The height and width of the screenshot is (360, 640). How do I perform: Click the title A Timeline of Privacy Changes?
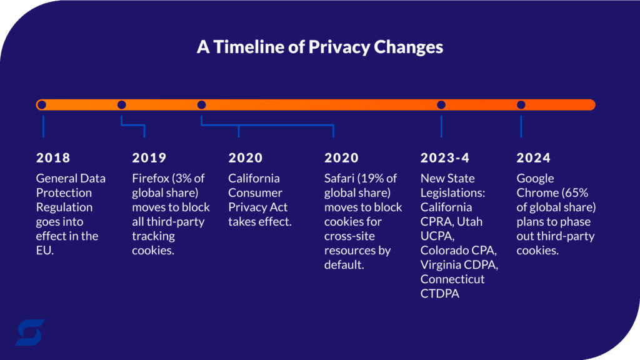[x=320, y=47]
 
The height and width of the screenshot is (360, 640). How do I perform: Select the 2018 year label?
[x=53, y=158]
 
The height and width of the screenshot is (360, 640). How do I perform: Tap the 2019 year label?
[x=149, y=158]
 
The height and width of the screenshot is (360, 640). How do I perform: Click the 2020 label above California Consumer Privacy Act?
[x=246, y=158]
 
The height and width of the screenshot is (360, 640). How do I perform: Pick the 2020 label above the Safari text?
[x=341, y=158]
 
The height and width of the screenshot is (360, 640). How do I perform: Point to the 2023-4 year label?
[x=445, y=158]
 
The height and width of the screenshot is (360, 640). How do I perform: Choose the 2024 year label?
[x=533, y=158]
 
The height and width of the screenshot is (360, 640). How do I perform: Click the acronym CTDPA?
[x=440, y=294]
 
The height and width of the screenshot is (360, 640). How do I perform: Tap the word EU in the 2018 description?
[x=46, y=251]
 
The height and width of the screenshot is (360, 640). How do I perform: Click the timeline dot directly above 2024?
[x=521, y=105]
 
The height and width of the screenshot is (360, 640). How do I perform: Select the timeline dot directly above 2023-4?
[x=441, y=105]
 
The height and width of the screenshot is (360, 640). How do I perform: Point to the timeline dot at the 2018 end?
[x=41, y=105]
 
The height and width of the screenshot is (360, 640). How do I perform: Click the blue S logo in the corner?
[x=29, y=332]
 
